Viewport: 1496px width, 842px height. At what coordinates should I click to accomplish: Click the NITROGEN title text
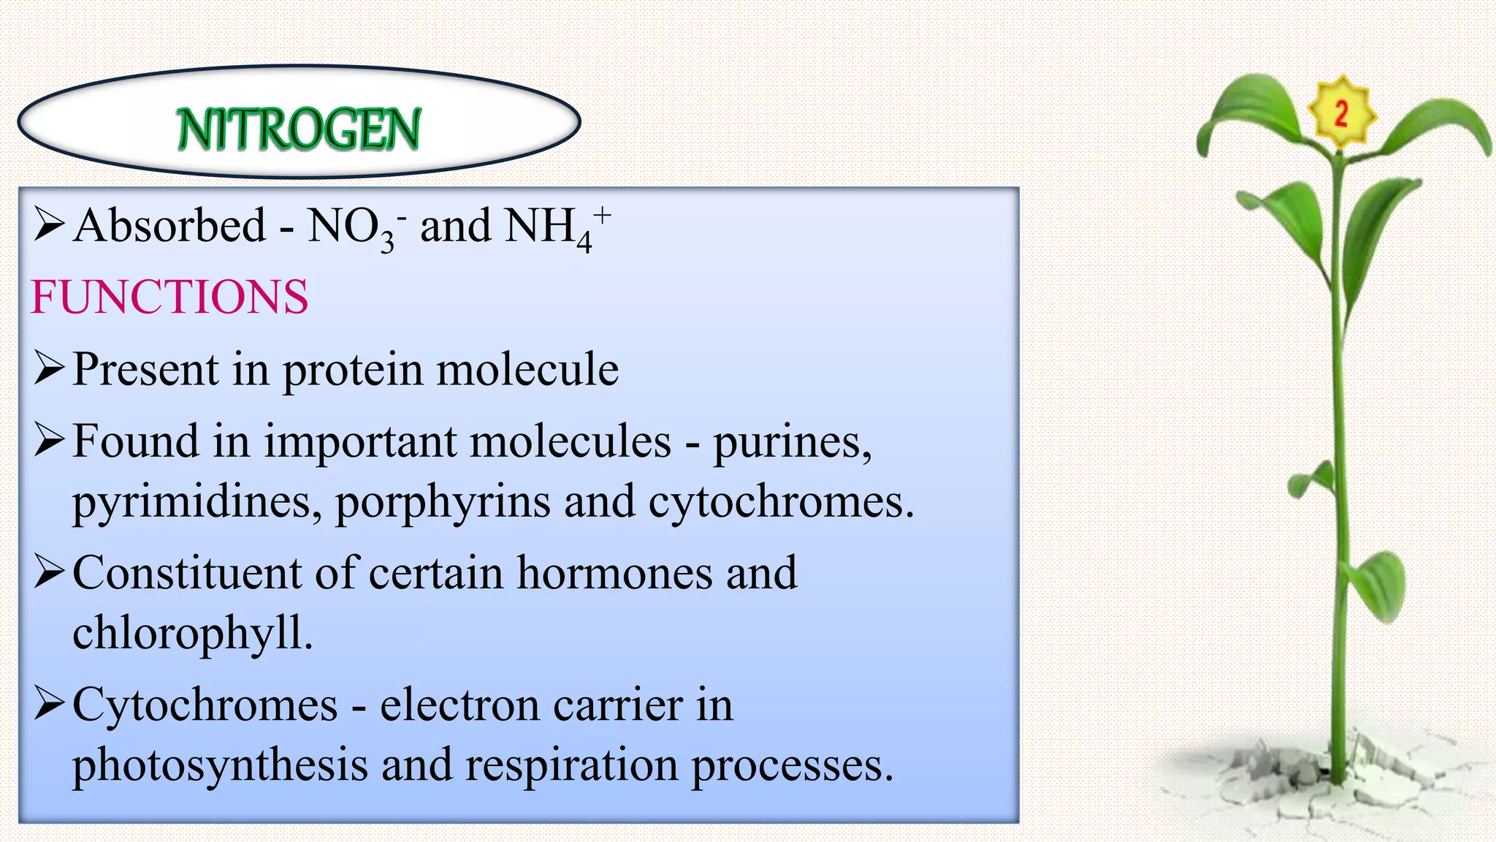click(299, 129)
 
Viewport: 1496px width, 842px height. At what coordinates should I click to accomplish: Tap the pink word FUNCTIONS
click(169, 297)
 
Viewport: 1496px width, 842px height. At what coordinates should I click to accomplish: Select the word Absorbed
click(169, 225)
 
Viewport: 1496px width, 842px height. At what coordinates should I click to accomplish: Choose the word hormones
click(614, 573)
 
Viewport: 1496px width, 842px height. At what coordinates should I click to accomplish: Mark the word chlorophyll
click(192, 633)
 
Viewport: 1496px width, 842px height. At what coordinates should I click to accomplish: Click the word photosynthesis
click(220, 766)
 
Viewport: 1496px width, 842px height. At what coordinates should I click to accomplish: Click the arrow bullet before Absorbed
click(49, 224)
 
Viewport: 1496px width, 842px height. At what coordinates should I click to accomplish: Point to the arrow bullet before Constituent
click(49, 572)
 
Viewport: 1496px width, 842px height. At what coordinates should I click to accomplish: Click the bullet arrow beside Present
click(49, 368)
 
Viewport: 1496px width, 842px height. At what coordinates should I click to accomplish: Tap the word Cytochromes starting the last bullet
click(205, 706)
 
